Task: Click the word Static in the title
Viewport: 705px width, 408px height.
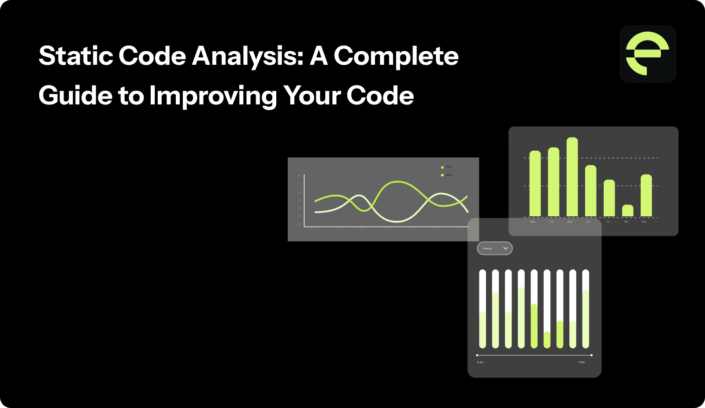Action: [x=74, y=56]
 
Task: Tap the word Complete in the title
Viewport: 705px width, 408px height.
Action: [x=396, y=56]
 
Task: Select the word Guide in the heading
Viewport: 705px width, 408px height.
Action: [x=75, y=96]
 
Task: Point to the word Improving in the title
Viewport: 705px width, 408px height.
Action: [x=213, y=96]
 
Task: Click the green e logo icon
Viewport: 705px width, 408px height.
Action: [x=647, y=54]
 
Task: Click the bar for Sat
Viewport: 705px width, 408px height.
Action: [x=627, y=211]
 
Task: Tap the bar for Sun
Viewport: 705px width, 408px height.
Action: [x=646, y=196]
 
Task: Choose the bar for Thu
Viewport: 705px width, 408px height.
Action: [x=590, y=191]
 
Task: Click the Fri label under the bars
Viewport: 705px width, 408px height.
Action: [x=608, y=222]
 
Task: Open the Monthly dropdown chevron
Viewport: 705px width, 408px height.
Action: [x=505, y=249]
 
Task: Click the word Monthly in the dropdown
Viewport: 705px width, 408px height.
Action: [x=487, y=249]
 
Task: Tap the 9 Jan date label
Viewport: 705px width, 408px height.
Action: [x=480, y=362]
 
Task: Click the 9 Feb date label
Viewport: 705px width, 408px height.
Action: [x=582, y=362]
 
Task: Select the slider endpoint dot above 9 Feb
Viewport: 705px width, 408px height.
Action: [x=591, y=355]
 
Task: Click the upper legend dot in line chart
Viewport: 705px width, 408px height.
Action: [x=442, y=167]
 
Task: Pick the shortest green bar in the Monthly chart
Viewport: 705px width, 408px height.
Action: [x=547, y=340]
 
